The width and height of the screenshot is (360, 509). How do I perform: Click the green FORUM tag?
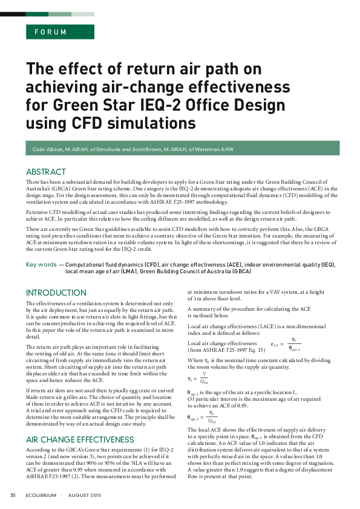click(51, 33)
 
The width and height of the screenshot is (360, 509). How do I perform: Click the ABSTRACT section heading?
click(46, 172)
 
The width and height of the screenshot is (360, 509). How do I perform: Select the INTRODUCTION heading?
click(56, 293)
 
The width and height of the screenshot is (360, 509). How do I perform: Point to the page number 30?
click(12, 496)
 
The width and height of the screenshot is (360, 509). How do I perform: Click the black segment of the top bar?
click(13, 13)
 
